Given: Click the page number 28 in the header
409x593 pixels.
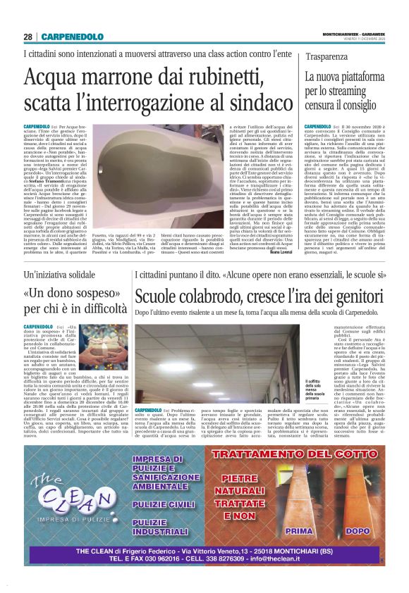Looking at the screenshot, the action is click(28, 37).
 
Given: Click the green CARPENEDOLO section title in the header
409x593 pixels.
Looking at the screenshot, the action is click(72, 37).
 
